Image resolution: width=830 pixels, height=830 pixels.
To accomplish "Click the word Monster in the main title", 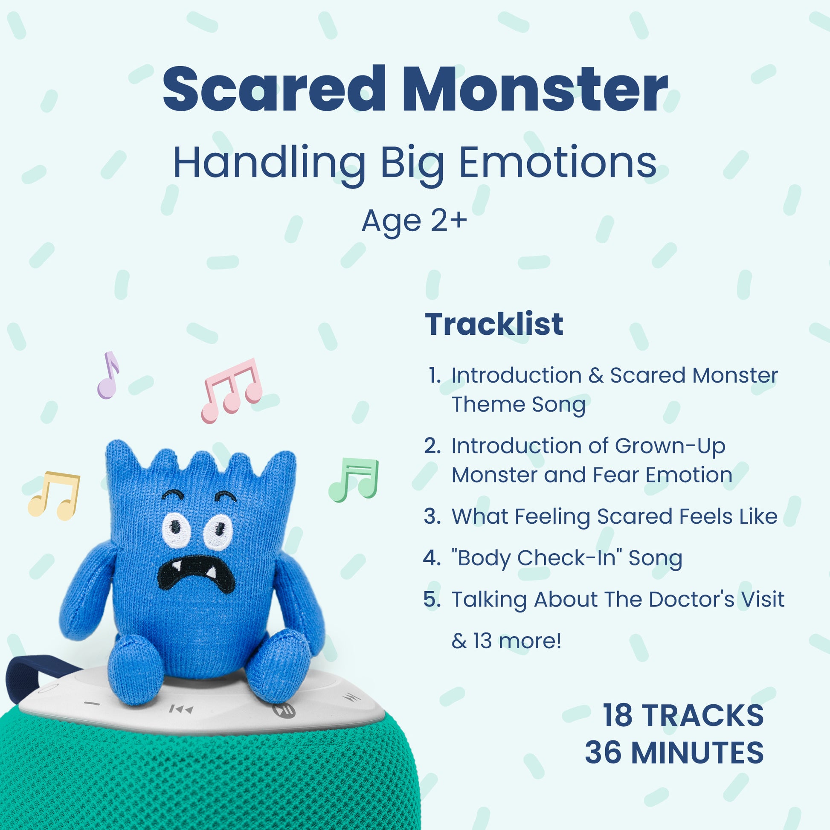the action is pyautogui.click(x=534, y=90).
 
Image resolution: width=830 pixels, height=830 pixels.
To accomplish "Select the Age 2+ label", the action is pyautogui.click(x=414, y=221).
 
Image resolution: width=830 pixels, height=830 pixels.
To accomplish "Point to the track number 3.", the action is pyautogui.click(x=432, y=516).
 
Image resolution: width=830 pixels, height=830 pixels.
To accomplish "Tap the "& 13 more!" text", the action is pyautogui.click(x=507, y=641).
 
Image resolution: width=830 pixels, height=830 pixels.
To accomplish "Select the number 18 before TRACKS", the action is pyautogui.click(x=617, y=715).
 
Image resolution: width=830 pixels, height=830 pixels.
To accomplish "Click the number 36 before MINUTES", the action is pyautogui.click(x=603, y=752).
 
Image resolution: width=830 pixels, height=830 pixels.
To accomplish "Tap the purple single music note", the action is pyautogui.click(x=108, y=375).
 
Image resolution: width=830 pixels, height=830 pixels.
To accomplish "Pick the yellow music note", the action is pyautogui.click(x=54, y=496).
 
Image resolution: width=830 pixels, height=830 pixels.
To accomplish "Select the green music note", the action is pyautogui.click(x=354, y=480).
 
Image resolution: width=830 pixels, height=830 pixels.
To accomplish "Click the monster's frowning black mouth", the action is pyautogui.click(x=196, y=574).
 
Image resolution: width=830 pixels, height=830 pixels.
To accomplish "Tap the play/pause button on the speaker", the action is pyautogui.click(x=284, y=710).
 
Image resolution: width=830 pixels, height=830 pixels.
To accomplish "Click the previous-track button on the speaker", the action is pyautogui.click(x=181, y=709).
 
